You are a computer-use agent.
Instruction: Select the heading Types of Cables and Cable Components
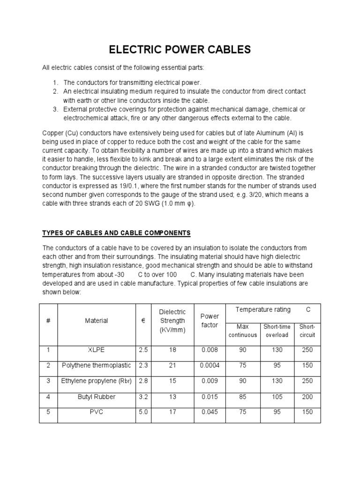(116, 232)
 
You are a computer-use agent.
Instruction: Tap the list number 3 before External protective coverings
(55, 109)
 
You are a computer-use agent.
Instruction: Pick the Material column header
(96, 321)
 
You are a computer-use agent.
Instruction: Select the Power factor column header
(210, 321)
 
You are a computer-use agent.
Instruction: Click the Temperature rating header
(263, 310)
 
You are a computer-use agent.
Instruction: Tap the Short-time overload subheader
(277, 330)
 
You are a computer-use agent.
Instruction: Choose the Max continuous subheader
(242, 330)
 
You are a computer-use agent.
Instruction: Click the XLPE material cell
(96, 350)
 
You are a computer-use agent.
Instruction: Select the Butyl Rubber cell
(96, 397)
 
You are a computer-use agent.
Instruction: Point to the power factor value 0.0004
(210, 366)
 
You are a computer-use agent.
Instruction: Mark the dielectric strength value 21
(173, 366)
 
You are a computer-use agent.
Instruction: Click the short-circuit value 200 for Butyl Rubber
(307, 397)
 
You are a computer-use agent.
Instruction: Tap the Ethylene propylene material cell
(96, 381)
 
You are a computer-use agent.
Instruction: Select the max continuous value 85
(242, 397)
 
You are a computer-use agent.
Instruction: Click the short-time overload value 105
(277, 397)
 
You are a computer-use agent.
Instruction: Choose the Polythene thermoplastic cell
(96, 366)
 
